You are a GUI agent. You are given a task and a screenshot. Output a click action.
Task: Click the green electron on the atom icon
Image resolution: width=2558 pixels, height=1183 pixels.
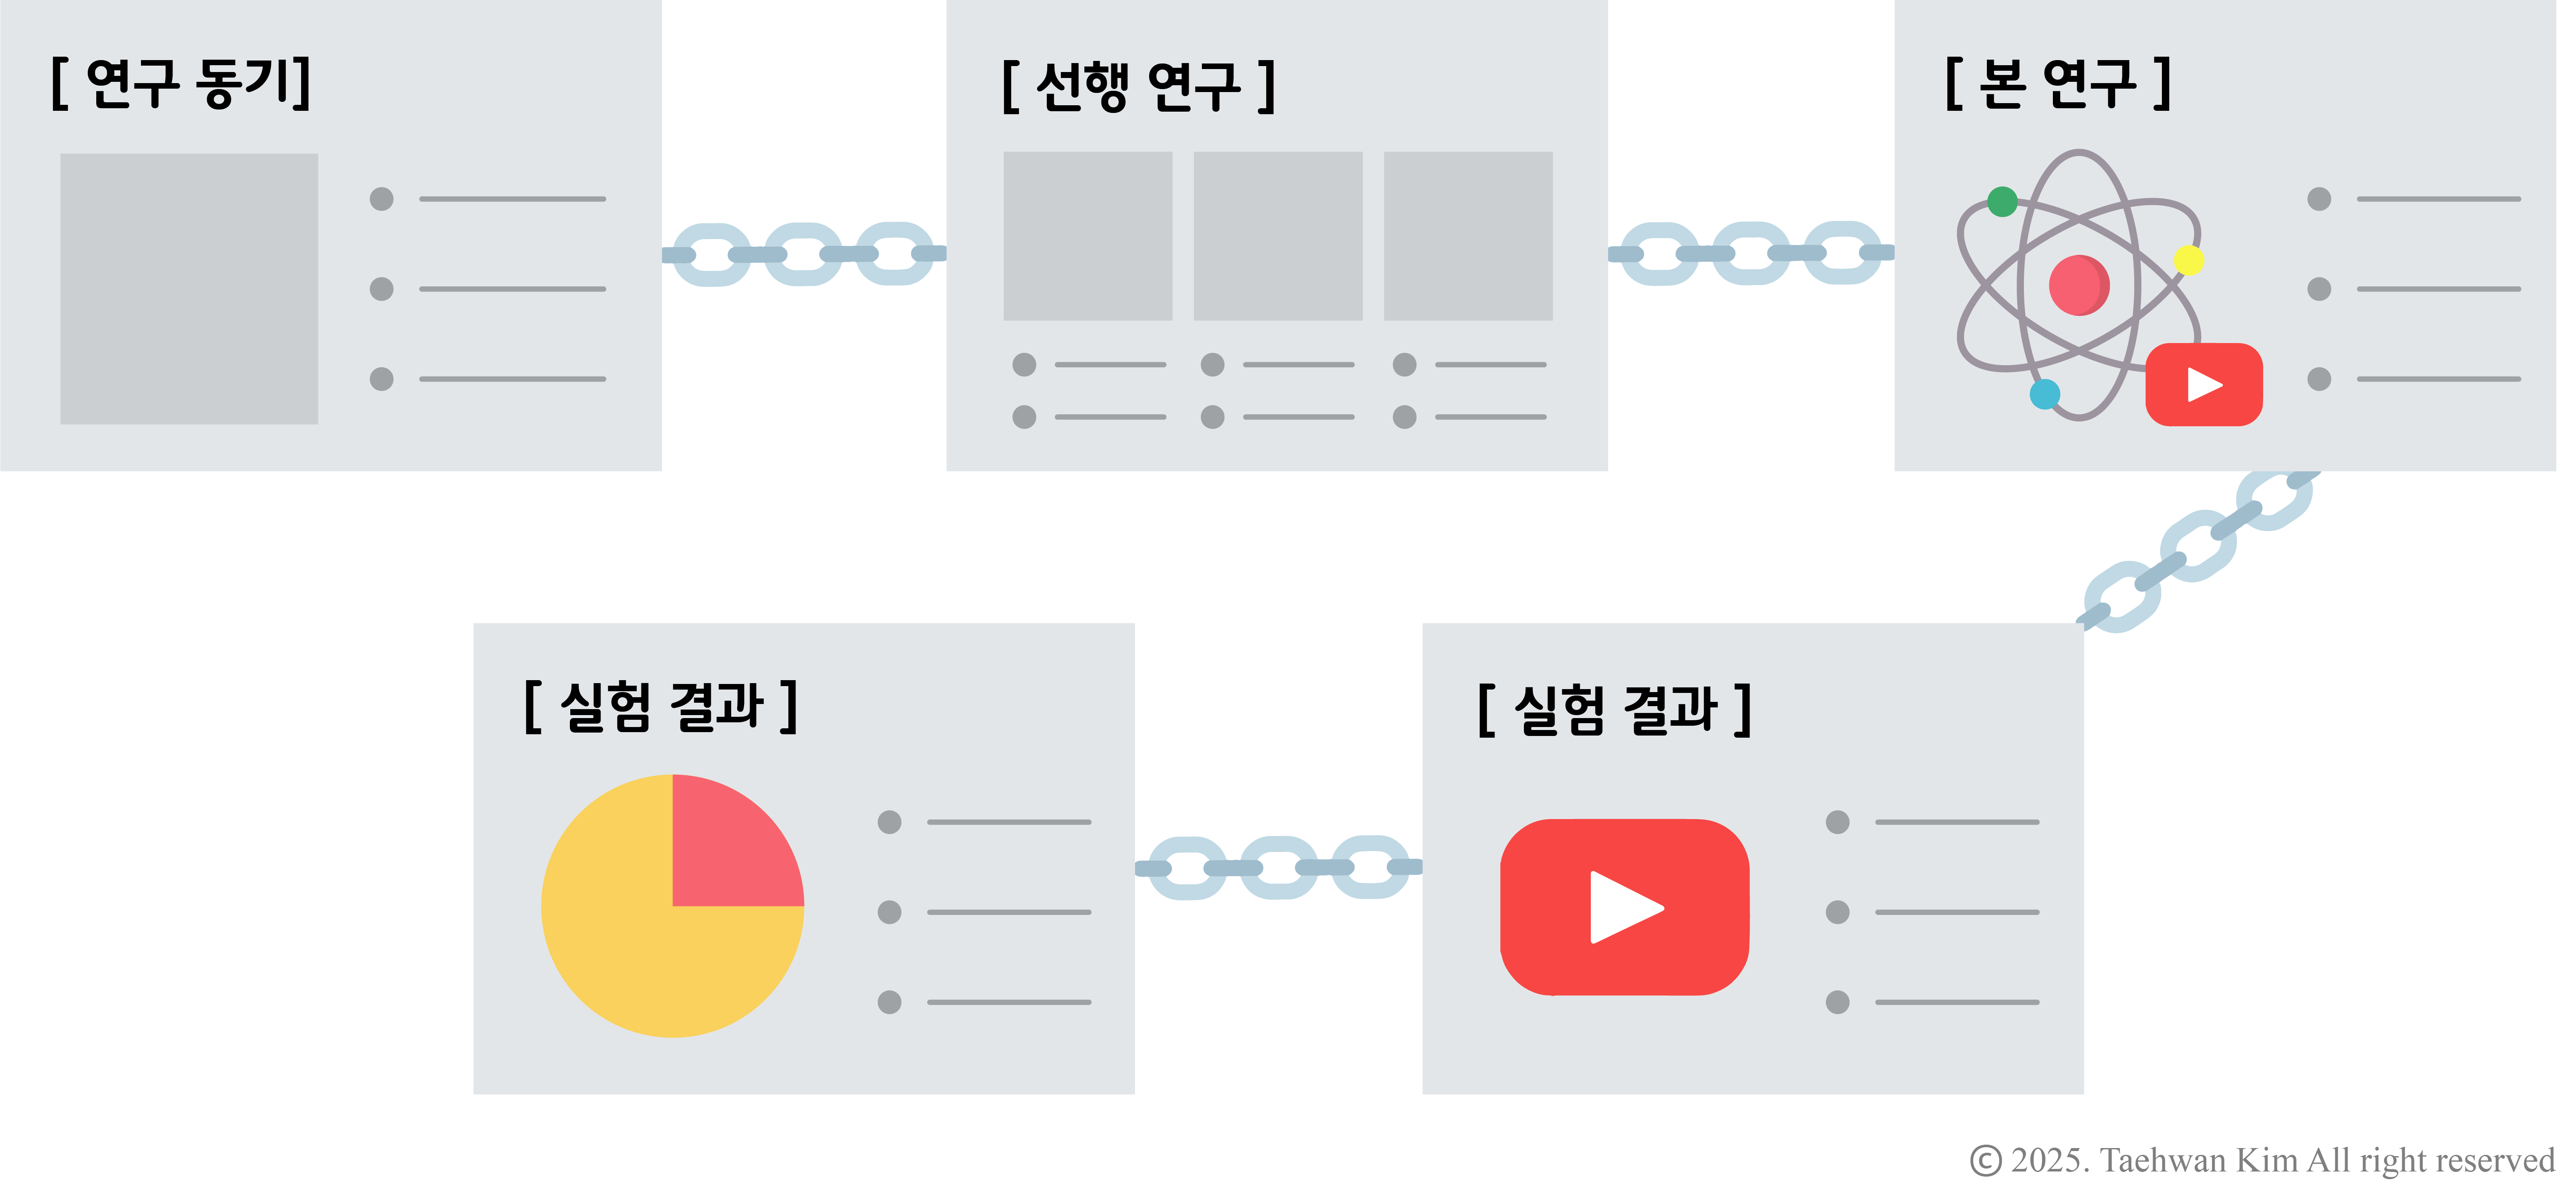[x=2002, y=202]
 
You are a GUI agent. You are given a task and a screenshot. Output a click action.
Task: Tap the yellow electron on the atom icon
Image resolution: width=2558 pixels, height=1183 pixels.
[x=2189, y=260]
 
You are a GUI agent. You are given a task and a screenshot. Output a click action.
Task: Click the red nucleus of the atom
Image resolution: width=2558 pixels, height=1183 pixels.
[x=2078, y=285]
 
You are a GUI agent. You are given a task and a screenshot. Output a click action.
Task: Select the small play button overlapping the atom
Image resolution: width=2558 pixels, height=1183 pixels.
[x=2204, y=384]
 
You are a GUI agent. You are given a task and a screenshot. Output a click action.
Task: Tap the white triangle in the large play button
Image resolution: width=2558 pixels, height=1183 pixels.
[x=1621, y=907]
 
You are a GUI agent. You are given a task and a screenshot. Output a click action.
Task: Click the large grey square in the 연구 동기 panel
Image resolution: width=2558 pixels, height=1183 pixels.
[x=189, y=288]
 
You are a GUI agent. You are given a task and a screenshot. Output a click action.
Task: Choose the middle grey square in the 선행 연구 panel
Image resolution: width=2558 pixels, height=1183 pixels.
[x=1277, y=235]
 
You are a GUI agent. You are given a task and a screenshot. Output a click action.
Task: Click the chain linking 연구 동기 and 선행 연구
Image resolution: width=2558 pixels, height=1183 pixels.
[x=803, y=254]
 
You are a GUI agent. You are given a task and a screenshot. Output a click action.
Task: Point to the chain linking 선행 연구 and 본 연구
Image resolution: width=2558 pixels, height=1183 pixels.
[x=1750, y=253]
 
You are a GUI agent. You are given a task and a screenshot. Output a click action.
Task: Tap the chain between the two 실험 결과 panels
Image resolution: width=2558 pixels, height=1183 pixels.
[x=1278, y=867]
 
